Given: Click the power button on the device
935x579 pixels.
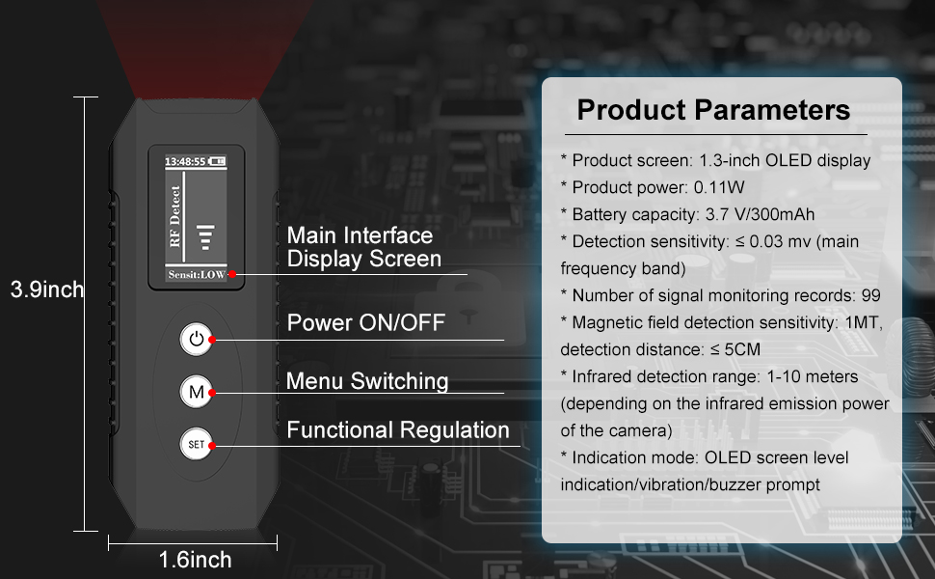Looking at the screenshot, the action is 196,339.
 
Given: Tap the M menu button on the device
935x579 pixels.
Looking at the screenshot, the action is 196,392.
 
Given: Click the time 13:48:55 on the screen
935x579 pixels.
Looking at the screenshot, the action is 184,160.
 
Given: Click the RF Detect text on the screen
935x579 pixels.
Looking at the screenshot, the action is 175,216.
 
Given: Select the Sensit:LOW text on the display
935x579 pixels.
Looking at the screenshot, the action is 196,275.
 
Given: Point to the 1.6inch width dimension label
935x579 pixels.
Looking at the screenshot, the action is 195,560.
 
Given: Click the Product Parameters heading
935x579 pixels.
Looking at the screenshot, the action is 713,109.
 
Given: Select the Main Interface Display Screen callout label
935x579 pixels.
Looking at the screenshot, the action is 363,247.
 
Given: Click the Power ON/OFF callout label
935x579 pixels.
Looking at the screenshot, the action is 366,322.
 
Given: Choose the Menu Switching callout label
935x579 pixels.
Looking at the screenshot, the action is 367,381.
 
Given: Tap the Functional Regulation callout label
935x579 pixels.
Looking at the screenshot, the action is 398,430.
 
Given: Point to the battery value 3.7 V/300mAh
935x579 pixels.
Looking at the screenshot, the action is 764,214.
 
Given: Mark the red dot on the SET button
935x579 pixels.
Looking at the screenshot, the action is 210,446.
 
